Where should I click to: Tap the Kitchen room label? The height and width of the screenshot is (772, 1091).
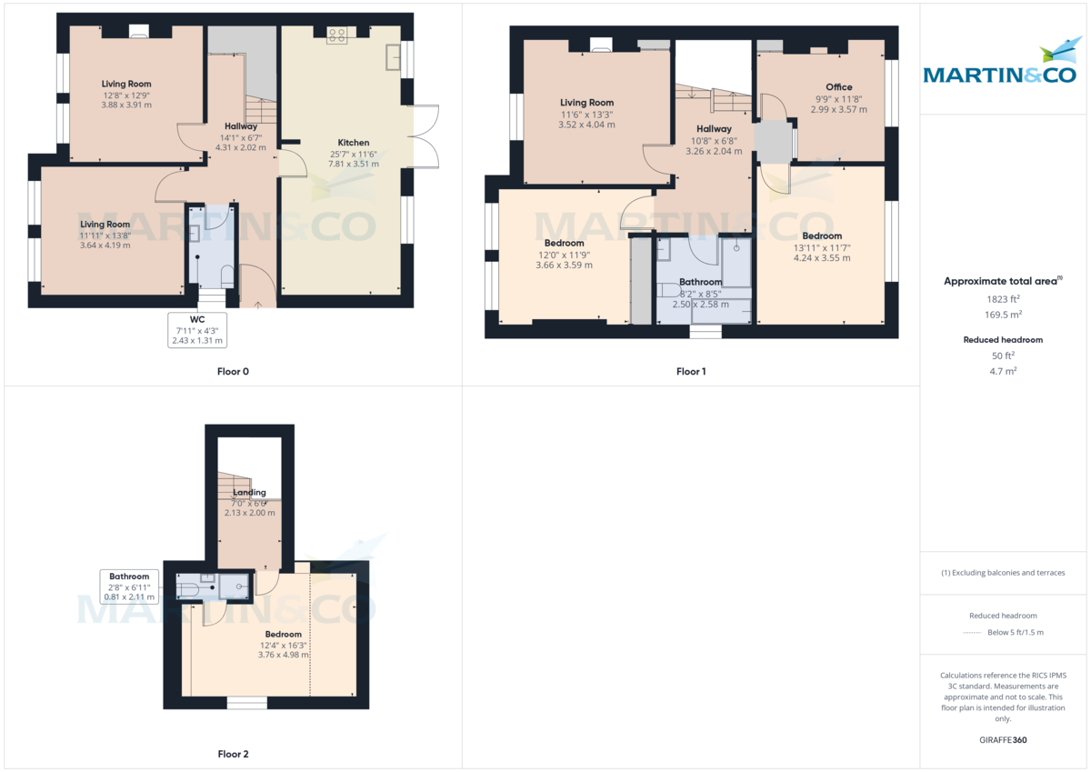coord(354,143)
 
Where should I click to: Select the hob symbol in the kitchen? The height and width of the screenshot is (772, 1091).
coord(337,35)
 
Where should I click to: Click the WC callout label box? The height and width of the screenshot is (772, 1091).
coord(197,330)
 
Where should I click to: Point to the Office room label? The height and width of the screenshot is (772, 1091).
coord(838,87)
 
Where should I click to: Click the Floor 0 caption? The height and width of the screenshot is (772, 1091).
coord(233,371)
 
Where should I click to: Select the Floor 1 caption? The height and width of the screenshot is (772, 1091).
coord(691,371)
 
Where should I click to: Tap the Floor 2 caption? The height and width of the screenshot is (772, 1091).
coord(233,754)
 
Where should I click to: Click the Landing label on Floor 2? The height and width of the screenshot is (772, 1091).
coord(249,492)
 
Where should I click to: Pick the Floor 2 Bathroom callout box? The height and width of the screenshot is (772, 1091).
coord(129,587)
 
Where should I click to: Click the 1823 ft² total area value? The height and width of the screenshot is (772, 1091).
coord(1003,299)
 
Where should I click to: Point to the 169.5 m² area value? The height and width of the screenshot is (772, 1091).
coord(1003,315)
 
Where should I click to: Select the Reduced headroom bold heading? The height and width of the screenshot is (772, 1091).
coord(1003,340)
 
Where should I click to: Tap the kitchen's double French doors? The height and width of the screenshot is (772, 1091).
coord(425,136)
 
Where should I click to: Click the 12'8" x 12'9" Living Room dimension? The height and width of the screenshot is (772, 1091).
coord(126,95)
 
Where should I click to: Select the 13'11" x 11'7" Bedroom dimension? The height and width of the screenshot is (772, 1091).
coord(821,247)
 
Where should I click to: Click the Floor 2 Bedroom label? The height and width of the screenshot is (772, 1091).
coord(283,634)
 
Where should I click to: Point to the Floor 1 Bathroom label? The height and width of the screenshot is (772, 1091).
coord(701,282)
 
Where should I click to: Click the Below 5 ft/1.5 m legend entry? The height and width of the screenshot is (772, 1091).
coord(1015,632)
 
